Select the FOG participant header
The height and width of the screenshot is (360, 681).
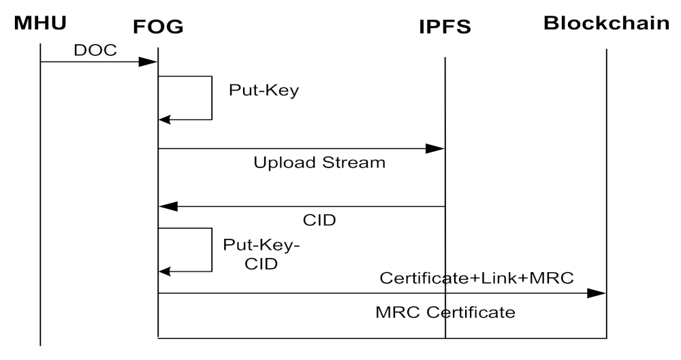click(x=158, y=27)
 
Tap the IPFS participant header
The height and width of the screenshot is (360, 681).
click(x=445, y=27)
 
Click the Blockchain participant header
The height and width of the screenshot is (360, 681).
click(x=606, y=23)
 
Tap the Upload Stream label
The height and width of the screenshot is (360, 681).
click(x=319, y=163)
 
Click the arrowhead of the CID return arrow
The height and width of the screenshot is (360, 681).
click(x=168, y=206)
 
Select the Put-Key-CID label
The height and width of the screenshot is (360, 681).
click(x=262, y=253)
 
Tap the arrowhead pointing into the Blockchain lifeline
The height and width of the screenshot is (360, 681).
click(x=597, y=293)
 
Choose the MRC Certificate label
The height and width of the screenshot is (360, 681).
click(x=445, y=313)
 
